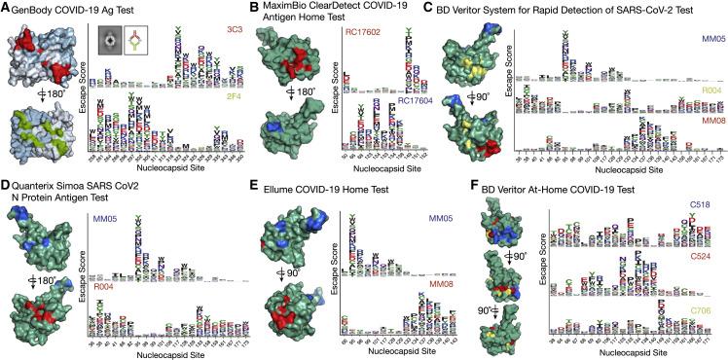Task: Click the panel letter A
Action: pos(6,8)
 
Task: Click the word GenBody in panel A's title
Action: pos(37,8)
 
